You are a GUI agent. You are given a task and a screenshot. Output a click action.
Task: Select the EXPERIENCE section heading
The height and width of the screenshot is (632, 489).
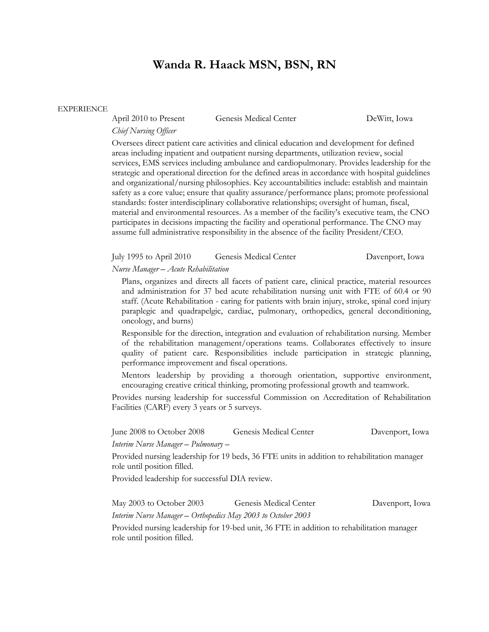83,109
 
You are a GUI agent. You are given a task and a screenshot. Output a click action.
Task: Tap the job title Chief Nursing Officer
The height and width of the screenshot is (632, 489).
144,131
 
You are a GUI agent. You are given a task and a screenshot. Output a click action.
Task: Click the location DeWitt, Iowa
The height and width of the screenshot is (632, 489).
389,119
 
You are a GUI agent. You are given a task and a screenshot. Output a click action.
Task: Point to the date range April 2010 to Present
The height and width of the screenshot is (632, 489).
148,119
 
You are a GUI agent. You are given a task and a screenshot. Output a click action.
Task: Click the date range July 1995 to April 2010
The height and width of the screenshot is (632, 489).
151,257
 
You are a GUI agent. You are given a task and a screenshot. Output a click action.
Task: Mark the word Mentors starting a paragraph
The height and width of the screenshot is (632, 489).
136,375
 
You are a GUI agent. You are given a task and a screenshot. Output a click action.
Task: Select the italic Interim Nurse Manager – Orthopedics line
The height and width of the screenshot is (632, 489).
211,516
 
